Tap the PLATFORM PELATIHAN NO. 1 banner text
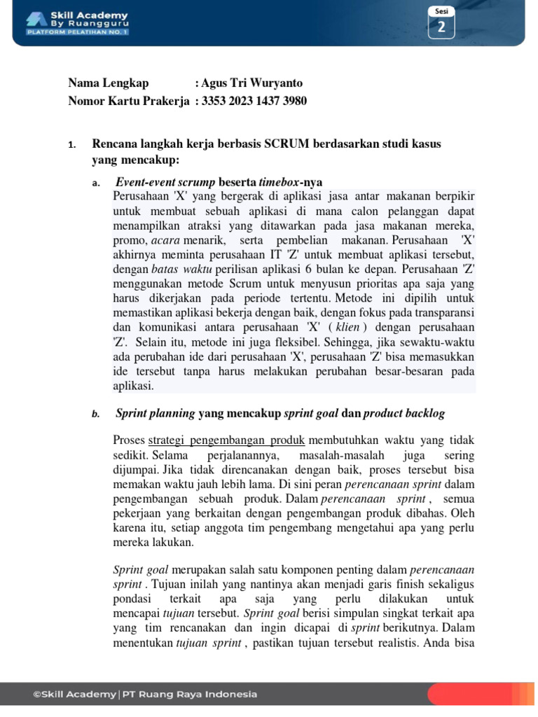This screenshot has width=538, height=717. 77,32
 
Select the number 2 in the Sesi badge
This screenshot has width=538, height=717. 441,27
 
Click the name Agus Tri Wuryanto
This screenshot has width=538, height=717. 251,83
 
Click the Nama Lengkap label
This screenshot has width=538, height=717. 109,83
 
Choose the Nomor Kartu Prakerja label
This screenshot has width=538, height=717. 129,101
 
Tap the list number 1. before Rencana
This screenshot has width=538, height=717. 71,145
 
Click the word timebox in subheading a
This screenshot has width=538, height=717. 280,183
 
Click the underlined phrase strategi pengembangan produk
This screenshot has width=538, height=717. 227,440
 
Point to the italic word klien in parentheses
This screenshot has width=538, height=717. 347,327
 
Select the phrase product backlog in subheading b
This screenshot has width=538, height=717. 404,413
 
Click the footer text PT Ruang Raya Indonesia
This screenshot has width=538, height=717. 189,694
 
